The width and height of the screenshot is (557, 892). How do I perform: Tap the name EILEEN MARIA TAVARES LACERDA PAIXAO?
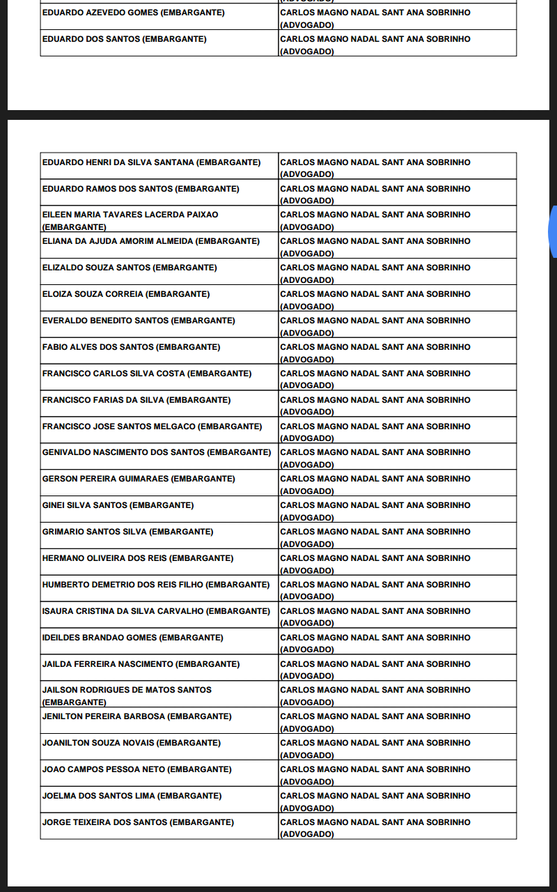coord(130,215)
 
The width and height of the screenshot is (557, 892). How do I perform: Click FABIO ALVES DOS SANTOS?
coord(97,347)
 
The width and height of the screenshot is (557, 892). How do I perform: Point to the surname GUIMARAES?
coord(145,479)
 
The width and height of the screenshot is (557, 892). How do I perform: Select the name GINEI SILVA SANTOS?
coord(84,505)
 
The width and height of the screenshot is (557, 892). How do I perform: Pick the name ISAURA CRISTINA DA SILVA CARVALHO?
coord(123,611)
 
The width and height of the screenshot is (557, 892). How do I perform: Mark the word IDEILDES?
coord(61,638)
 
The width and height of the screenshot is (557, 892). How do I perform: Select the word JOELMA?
coord(58,796)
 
